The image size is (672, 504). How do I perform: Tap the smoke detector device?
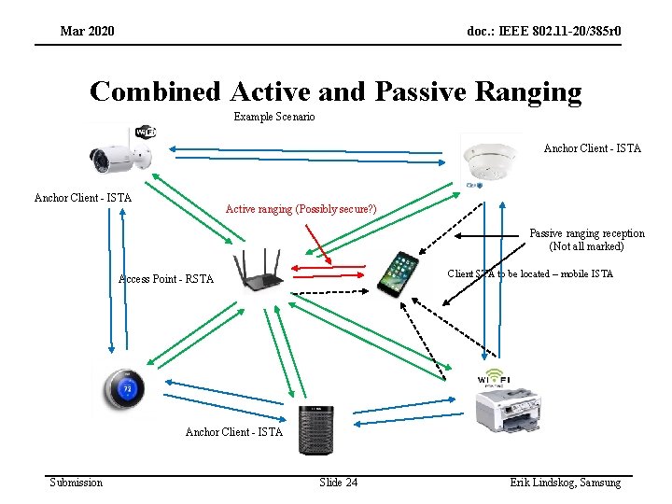tap(488, 157)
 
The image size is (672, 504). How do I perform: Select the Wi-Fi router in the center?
tap(259, 271)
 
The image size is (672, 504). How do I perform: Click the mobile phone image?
tap(399, 273)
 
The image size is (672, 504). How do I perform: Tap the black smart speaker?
tap(315, 429)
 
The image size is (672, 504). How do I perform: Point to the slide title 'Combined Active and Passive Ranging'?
tap(335, 91)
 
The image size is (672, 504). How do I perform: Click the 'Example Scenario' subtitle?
tap(274, 117)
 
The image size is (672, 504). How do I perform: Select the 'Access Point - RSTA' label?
tap(166, 279)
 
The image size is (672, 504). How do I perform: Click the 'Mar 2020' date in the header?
tap(87, 32)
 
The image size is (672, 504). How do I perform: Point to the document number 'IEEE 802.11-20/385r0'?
tap(544, 32)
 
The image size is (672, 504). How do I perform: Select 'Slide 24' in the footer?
tap(338, 482)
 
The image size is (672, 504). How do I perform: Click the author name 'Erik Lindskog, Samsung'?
tap(565, 482)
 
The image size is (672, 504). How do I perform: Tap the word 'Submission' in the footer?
tap(77, 482)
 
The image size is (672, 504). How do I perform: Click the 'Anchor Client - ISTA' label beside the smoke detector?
tap(592, 148)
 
